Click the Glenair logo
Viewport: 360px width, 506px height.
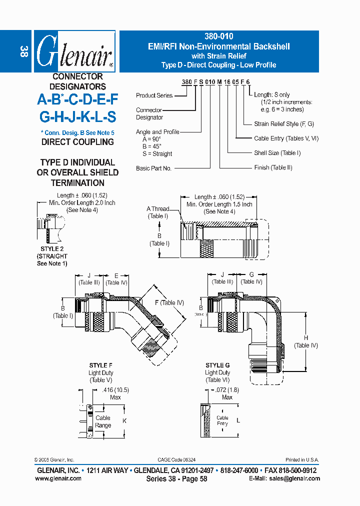[74, 52]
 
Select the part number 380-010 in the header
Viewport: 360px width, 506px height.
[219, 36]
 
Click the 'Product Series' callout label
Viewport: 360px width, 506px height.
[154, 95]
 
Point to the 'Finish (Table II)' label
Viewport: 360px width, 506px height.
[273, 167]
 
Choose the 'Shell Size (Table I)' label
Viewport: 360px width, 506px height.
[277, 153]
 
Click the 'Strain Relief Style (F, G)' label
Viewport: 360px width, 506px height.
[284, 123]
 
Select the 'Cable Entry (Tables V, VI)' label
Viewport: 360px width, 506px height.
[286, 138]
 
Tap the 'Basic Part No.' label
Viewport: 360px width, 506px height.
[153, 168]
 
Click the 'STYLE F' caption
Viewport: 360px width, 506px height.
[101, 366]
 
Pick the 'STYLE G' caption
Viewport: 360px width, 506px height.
[217, 365]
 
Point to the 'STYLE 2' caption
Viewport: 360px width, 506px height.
[52, 248]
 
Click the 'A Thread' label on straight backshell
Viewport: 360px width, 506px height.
[158, 209]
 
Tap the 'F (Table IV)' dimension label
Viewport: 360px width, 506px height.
[170, 302]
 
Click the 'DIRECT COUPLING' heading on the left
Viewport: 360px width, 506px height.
[77, 142]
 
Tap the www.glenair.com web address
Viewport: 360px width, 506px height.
[58, 478]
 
